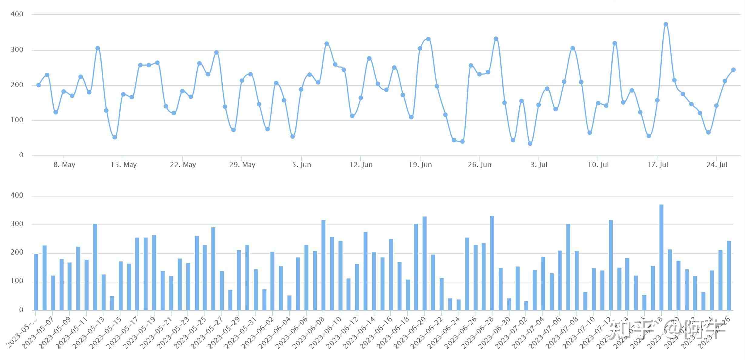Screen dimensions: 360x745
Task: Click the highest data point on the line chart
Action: click(x=666, y=24)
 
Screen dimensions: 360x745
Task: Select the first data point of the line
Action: click(x=38, y=85)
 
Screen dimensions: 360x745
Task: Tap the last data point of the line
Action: click(x=733, y=70)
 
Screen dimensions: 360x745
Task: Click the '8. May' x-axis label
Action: click(x=64, y=165)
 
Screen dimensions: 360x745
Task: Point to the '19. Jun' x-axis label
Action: click(x=420, y=165)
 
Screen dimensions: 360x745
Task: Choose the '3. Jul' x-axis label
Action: click(x=539, y=165)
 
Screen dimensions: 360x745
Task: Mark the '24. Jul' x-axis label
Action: click(x=717, y=165)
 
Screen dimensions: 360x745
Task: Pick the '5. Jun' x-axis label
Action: click(x=301, y=165)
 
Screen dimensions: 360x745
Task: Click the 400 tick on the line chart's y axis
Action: click(x=17, y=14)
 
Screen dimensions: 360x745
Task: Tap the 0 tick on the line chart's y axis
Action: click(x=21, y=155)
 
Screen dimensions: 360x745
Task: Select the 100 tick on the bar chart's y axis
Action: click(x=17, y=281)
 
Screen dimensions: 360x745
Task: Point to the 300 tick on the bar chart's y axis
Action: click(x=17, y=224)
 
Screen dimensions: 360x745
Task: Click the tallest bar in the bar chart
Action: click(x=661, y=258)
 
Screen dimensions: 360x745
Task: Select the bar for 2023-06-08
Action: click(x=323, y=265)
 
